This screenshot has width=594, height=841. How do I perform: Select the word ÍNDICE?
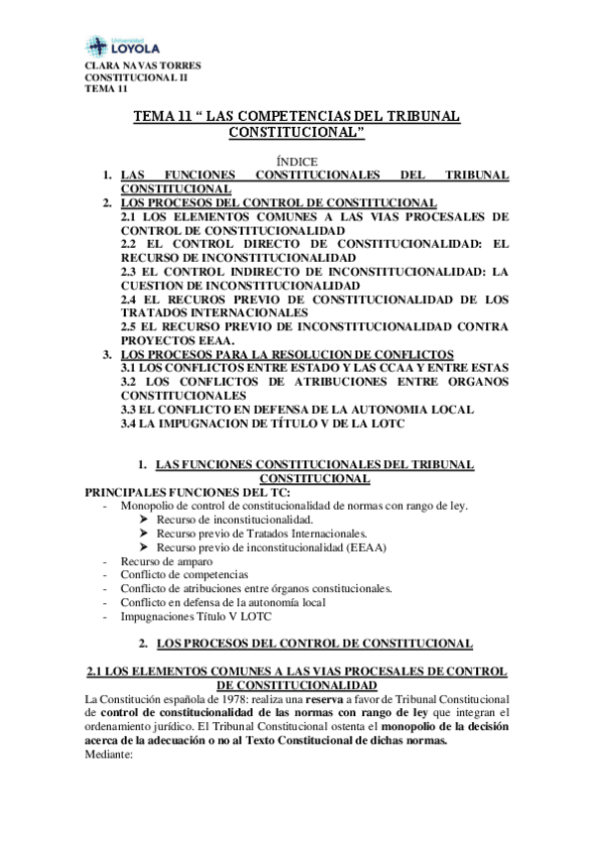click(x=296, y=161)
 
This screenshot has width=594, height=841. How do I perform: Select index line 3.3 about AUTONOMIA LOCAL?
click(x=297, y=409)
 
